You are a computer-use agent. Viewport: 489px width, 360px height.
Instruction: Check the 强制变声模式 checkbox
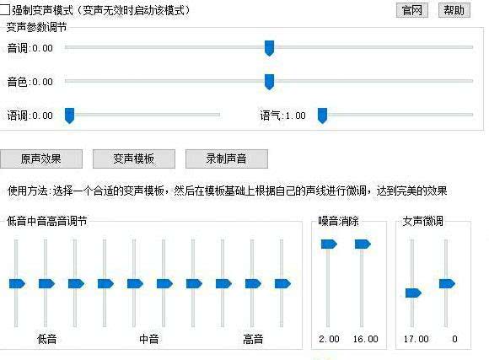coord(5,9)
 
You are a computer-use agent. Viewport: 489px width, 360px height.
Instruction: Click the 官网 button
coord(412,10)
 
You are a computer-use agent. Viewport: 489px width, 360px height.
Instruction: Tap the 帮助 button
coord(454,10)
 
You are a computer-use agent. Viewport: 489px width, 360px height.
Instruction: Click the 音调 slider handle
coord(269,48)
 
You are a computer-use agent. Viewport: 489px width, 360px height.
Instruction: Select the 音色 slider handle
coord(269,82)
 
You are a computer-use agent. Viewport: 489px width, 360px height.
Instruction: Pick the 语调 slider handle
coord(69,116)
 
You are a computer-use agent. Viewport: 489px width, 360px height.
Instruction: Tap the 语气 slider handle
coord(322,116)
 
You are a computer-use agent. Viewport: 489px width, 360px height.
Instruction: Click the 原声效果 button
coord(41,159)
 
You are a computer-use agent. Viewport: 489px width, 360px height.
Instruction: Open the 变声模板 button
coord(134,159)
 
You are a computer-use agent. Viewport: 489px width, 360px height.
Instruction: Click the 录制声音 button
coord(227,159)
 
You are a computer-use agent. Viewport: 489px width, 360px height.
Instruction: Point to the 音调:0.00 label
coord(30,48)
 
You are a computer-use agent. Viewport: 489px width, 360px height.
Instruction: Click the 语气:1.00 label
coord(282,116)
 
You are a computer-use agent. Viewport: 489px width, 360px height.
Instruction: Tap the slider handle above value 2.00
coord(329,244)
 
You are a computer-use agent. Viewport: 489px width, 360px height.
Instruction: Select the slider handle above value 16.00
coord(363,244)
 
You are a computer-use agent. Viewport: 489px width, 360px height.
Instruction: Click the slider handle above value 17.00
coord(413,293)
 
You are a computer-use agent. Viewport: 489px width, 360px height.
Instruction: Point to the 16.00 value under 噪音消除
coord(365,339)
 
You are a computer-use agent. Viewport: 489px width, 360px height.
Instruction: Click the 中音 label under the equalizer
coord(149,339)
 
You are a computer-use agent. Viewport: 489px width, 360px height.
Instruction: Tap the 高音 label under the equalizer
coord(253,339)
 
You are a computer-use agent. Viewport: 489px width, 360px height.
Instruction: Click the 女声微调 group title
coord(422,221)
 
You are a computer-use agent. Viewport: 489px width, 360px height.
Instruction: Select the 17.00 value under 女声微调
coord(416,339)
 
